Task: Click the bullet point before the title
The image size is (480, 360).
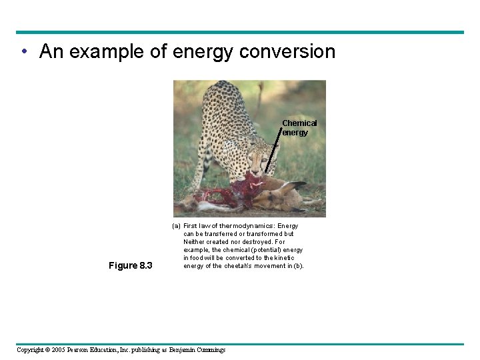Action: click(x=23, y=52)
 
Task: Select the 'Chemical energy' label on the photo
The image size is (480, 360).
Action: click(x=299, y=127)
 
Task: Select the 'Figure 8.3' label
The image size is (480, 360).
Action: click(x=130, y=266)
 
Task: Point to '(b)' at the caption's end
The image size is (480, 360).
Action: click(x=297, y=266)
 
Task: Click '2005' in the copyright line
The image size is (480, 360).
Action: click(x=63, y=350)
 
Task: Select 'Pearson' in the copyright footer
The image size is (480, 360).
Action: click(x=89, y=350)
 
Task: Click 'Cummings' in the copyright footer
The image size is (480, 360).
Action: click(x=208, y=350)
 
